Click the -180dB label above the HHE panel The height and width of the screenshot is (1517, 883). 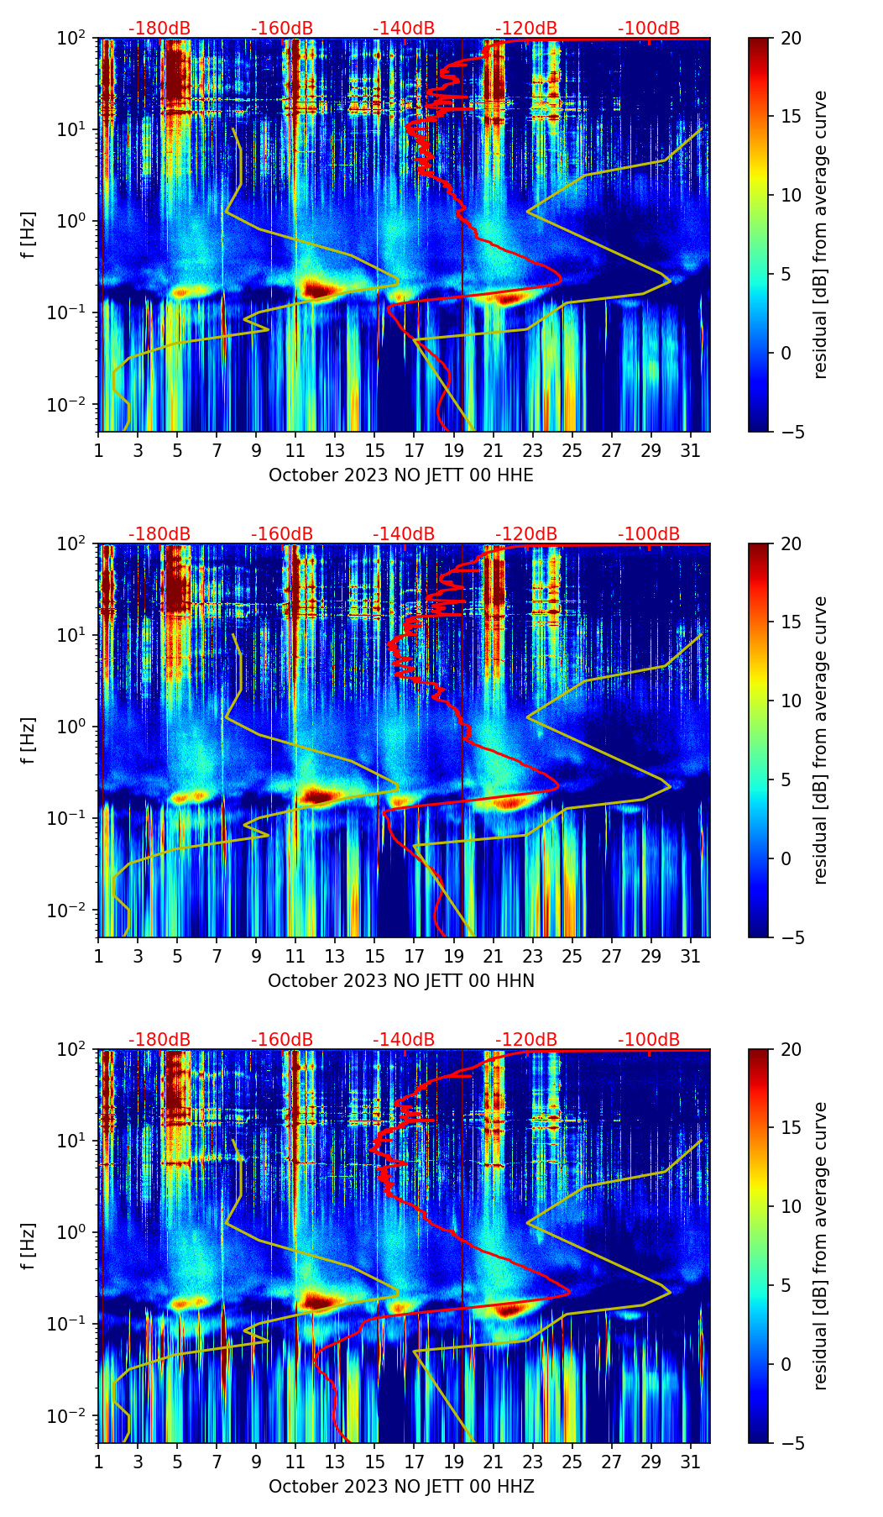point(159,29)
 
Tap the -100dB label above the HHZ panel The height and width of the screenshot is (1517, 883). point(649,1040)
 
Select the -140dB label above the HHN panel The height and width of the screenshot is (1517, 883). point(404,534)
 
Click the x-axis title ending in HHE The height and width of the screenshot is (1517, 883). point(401,475)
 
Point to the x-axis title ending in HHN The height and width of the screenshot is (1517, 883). point(401,981)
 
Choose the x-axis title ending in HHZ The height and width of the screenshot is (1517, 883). point(401,1487)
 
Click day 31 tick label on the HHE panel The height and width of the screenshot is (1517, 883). point(690,451)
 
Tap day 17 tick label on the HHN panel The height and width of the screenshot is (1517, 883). point(414,957)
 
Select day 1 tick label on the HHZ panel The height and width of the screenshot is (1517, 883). point(98,1462)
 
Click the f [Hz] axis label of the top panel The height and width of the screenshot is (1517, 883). point(29,235)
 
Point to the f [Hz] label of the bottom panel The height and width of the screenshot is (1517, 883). point(29,1247)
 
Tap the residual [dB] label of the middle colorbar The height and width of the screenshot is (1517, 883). point(820,740)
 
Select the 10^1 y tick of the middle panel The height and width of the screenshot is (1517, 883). point(76,635)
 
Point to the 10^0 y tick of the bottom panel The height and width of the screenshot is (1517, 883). point(76,1232)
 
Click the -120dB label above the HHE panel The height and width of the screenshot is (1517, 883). point(526,29)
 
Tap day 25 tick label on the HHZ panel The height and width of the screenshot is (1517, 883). point(572,1462)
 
